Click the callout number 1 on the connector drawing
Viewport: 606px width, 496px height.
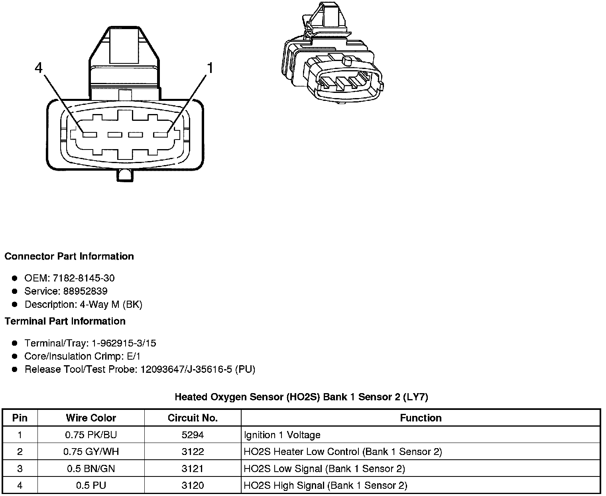point(209,68)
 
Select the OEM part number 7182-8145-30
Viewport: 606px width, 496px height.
point(83,278)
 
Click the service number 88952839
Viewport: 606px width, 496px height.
point(85,291)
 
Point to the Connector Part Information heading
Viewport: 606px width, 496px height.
point(69,256)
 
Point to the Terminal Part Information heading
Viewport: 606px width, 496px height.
point(65,321)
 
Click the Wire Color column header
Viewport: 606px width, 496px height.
point(91,418)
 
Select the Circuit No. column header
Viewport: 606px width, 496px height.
point(193,418)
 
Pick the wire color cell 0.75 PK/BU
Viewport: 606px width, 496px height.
point(91,435)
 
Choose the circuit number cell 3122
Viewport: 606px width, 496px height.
point(193,452)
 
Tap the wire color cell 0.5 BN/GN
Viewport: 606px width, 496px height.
point(91,468)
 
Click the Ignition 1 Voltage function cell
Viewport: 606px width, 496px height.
point(282,435)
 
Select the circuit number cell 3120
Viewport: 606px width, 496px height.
point(193,486)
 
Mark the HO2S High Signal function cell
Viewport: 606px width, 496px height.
point(325,486)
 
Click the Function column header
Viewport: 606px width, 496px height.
point(421,418)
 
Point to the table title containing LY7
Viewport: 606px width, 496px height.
point(301,397)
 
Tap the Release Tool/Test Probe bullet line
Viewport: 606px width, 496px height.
point(140,370)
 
